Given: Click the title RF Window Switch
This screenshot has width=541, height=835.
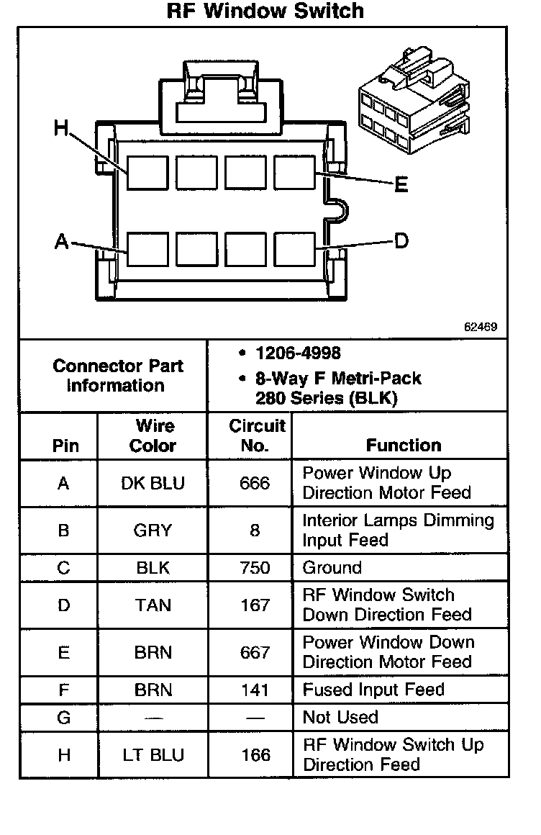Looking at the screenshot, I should [265, 12].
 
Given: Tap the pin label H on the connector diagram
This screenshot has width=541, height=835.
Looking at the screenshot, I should [62, 129].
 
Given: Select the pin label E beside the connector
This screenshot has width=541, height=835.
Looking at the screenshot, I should [401, 185].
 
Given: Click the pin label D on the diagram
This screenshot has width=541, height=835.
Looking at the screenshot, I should [401, 241].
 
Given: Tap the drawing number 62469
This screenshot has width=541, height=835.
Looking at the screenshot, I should [480, 327].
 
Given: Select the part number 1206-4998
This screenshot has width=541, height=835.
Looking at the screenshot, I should [298, 353].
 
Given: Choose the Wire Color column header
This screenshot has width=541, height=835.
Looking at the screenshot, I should [153, 435].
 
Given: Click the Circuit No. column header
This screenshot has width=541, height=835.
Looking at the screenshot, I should [257, 435].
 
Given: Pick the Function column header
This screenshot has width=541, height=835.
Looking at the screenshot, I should [404, 446].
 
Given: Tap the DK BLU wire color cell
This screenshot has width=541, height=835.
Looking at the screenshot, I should [153, 483].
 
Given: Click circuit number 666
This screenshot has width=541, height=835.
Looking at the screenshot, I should [255, 483].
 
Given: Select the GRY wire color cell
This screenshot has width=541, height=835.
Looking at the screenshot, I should [153, 531].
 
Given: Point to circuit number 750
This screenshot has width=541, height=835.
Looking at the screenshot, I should [255, 568].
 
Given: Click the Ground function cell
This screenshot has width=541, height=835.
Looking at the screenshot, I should [332, 568].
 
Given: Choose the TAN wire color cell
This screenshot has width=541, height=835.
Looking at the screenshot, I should [153, 605].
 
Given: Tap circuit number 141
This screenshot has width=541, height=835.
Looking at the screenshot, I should [255, 690].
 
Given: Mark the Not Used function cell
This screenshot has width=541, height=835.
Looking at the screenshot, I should [340, 717].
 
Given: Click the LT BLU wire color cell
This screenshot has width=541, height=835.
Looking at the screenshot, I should [153, 755].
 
